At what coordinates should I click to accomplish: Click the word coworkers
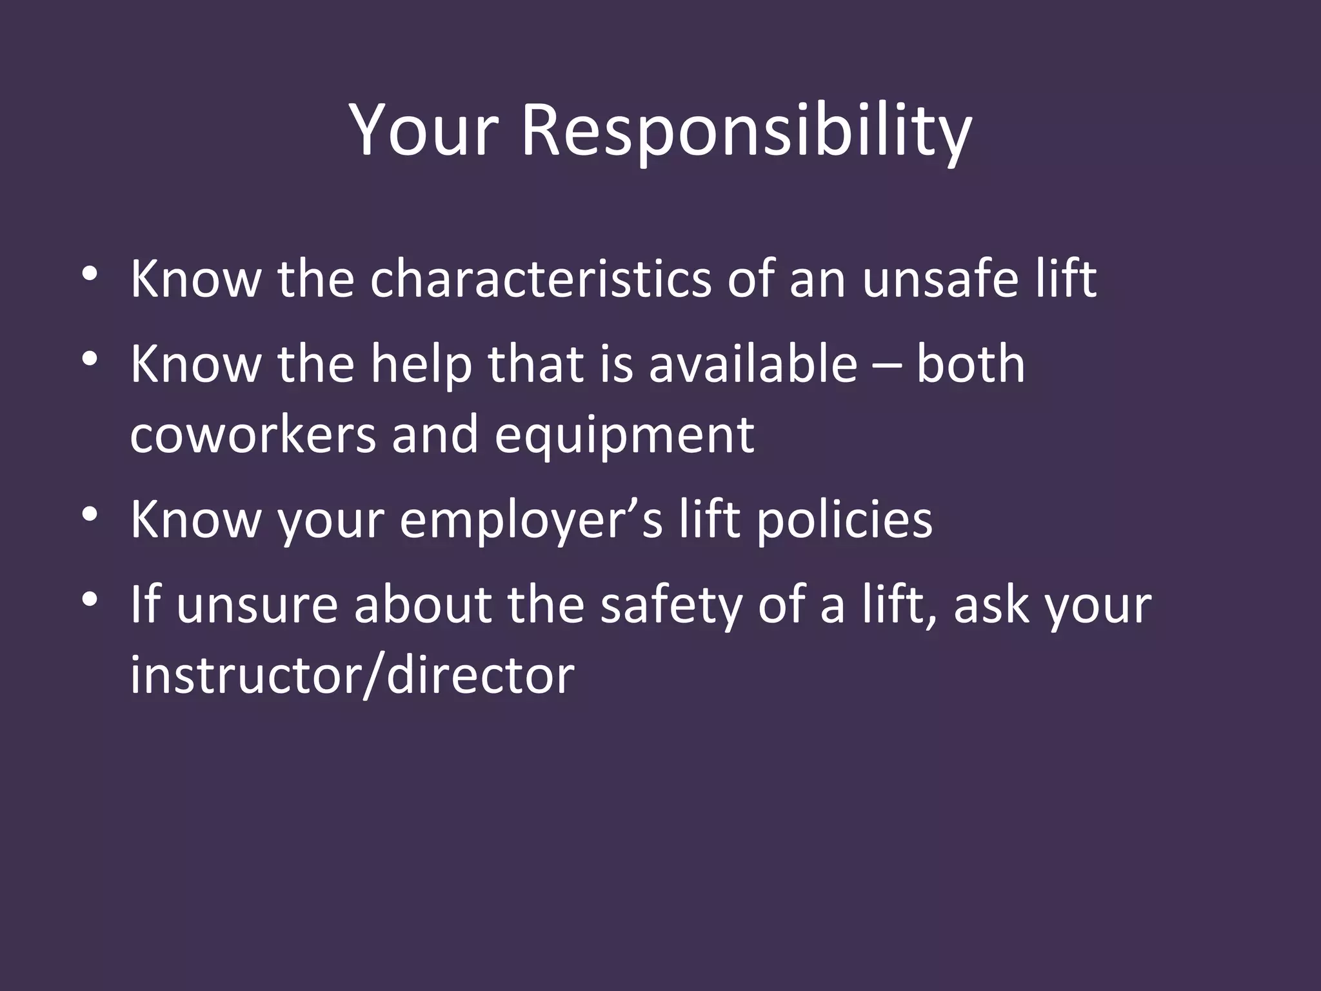252,435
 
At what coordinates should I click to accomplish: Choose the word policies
844,520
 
